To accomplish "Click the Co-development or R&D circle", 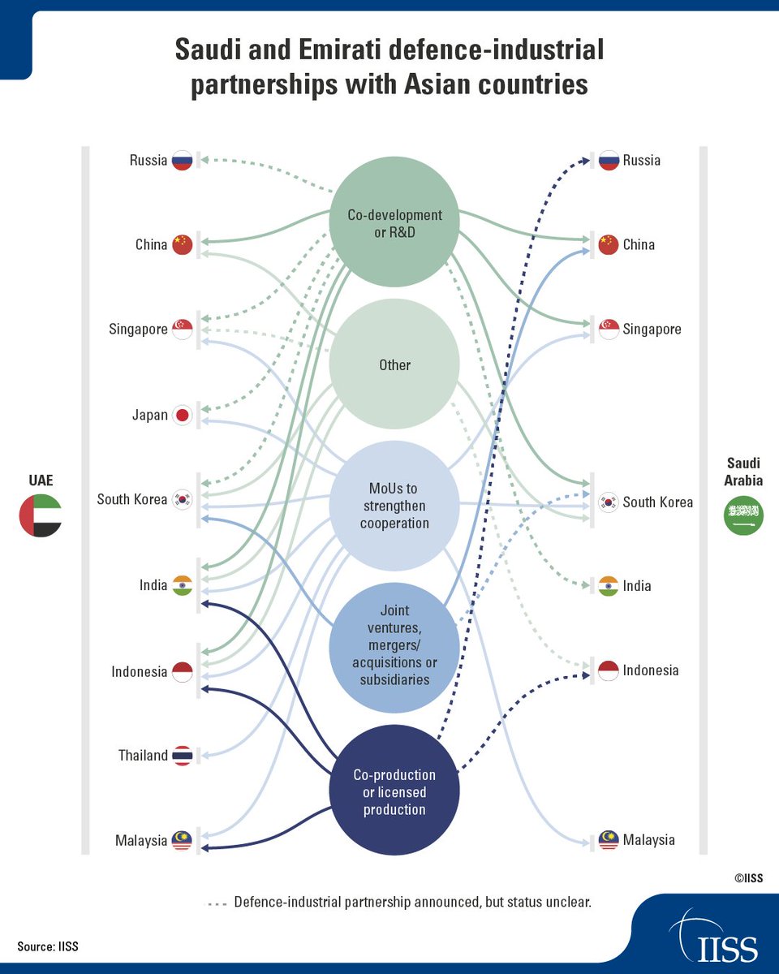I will (x=394, y=222).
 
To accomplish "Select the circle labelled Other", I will (x=394, y=365).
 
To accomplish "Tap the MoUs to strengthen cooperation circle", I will (x=394, y=505).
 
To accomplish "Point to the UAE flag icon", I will (x=41, y=515).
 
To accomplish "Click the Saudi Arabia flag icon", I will (x=744, y=515).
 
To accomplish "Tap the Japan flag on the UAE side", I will (x=183, y=416).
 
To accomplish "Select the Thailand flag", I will (x=183, y=756).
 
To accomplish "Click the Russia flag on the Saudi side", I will (x=609, y=161).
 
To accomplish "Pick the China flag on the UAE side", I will (x=183, y=244).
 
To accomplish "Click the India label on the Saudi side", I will (x=637, y=586).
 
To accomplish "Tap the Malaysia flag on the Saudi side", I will (x=609, y=840).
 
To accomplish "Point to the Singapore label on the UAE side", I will (x=139, y=330).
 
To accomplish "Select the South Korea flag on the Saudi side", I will (x=609, y=502).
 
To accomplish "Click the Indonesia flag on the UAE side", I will (x=183, y=671).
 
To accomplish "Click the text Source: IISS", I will (x=48, y=946).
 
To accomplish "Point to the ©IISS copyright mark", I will (x=747, y=877).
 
